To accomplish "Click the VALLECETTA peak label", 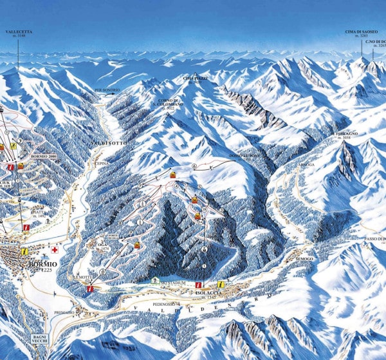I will coord(18,30).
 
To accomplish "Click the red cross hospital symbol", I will coord(55,248).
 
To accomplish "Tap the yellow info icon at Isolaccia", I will coord(221,284).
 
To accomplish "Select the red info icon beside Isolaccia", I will coord(199,283).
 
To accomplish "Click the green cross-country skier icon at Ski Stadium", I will coord(156,281).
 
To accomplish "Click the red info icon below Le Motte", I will coord(89,289).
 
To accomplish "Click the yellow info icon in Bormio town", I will coord(24,251).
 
